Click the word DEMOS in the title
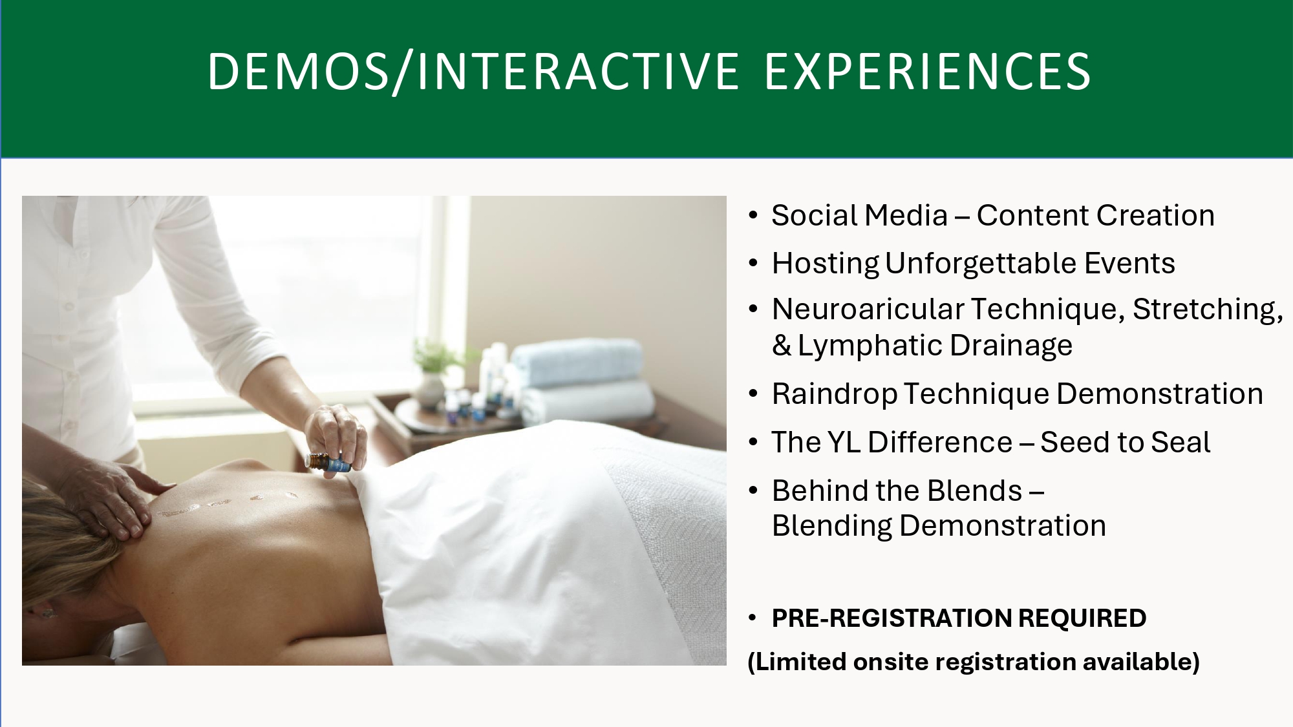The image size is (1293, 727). tap(298, 71)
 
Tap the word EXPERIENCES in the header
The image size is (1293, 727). tap(927, 71)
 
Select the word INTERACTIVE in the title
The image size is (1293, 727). tap(577, 71)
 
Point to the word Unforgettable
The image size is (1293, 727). tap(981, 264)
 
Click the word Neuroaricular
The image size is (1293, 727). tap(868, 309)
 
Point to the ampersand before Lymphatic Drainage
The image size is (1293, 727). tap(782, 346)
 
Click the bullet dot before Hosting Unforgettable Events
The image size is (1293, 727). tap(753, 264)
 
